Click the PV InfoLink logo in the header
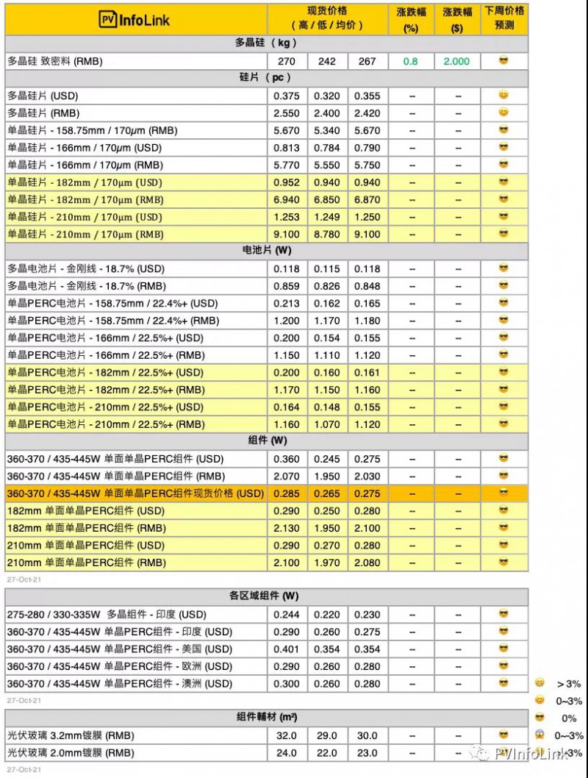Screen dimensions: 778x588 135,20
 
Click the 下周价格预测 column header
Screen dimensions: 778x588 504,18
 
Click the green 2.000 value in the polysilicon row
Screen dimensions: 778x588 456,61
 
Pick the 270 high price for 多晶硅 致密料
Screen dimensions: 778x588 287,61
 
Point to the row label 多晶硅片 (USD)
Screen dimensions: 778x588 43,96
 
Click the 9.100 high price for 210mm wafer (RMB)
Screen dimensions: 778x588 287,234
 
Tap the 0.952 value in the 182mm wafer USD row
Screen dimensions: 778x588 287,182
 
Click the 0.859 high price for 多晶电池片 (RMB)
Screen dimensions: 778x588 287,286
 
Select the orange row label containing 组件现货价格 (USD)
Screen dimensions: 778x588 135,493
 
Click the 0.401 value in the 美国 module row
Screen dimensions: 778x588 287,649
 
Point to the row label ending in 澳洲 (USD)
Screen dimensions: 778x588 119,684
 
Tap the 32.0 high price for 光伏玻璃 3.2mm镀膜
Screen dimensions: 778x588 287,735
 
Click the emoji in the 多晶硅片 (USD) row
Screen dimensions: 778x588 503,95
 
